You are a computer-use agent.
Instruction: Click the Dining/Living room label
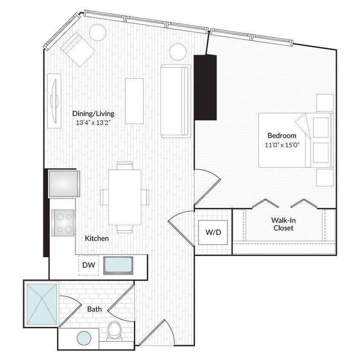(93, 113)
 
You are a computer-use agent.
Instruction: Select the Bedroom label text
(282, 136)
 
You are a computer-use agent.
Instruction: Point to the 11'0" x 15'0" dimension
(282, 145)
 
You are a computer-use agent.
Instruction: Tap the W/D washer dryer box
(213, 233)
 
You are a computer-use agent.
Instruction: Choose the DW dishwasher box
(88, 265)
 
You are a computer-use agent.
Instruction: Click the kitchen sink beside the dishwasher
(118, 265)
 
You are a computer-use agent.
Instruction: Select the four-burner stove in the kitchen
(62, 223)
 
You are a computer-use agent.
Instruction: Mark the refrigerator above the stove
(64, 183)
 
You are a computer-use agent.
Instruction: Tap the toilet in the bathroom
(114, 330)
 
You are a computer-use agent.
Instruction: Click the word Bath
(94, 309)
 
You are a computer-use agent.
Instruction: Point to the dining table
(125, 197)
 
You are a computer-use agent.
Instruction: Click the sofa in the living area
(175, 102)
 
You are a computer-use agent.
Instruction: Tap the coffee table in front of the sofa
(134, 101)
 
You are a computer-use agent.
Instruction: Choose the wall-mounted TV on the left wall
(54, 101)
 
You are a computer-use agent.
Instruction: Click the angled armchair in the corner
(78, 49)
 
